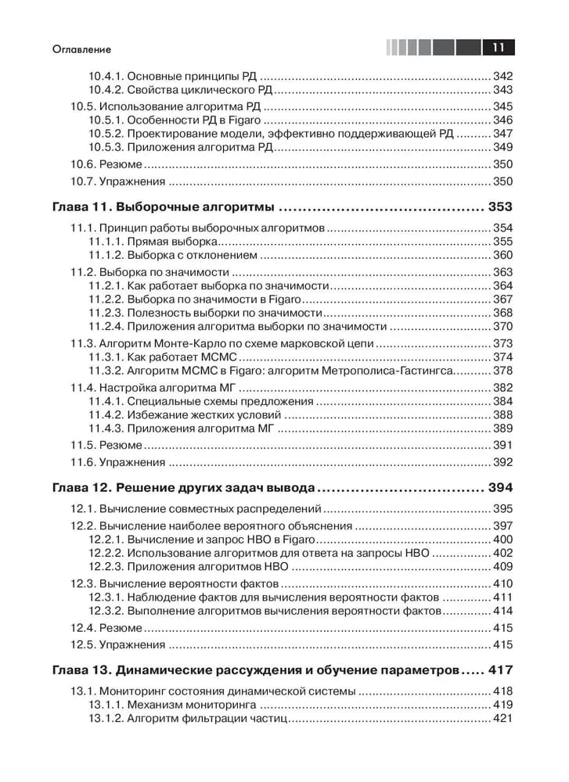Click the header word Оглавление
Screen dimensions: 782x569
[78, 49]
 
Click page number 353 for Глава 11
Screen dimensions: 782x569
[499, 207]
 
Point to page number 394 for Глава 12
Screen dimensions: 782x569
[499, 488]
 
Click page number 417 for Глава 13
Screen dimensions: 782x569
[499, 670]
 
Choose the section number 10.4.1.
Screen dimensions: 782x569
[104, 77]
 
